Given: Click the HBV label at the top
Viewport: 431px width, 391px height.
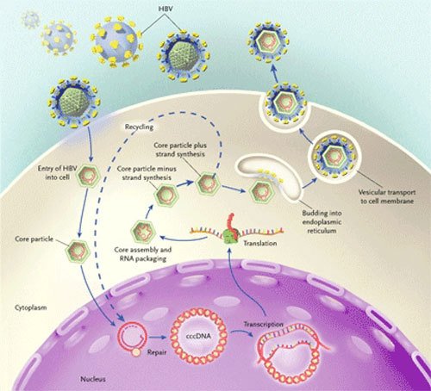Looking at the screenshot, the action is click(x=166, y=9).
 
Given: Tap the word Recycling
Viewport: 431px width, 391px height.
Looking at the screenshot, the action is click(x=139, y=127).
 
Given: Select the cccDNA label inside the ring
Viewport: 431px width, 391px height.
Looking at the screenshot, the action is click(x=198, y=336).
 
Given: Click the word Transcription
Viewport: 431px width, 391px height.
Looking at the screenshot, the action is click(x=264, y=325).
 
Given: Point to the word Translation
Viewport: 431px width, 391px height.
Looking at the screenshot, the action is click(x=260, y=243).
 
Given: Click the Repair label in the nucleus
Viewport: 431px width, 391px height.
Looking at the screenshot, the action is click(x=157, y=352).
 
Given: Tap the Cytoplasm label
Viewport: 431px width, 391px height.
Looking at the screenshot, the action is click(x=31, y=307).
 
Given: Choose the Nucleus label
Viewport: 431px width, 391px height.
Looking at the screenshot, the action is click(x=93, y=379).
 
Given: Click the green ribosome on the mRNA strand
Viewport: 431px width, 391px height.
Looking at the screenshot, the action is click(x=230, y=235).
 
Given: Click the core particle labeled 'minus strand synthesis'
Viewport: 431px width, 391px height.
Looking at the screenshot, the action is click(x=166, y=195).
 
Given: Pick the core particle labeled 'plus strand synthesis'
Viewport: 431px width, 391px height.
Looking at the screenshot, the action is click(x=208, y=183).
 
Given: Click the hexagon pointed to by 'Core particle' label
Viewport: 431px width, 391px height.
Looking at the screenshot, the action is click(x=78, y=251).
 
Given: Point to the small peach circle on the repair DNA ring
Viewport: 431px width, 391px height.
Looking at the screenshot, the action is click(x=136, y=352).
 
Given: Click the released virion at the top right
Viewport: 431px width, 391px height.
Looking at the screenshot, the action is click(x=268, y=41).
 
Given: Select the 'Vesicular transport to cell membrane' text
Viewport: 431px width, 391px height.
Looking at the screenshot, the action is click(x=387, y=196).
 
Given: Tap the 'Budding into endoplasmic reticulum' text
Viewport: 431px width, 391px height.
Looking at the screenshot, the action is click(x=322, y=222).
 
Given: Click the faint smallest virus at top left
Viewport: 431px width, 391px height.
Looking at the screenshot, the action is click(x=31, y=19).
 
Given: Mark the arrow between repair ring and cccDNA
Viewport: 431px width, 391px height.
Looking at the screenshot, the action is click(x=158, y=337).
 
